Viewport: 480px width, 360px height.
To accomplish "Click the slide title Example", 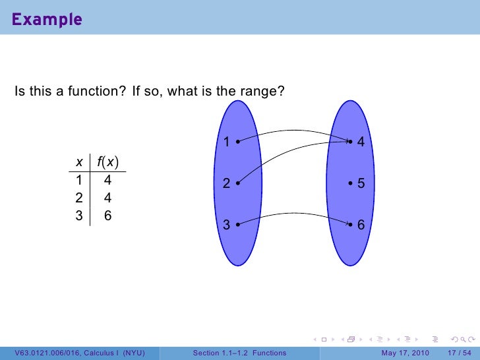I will pos(46,20).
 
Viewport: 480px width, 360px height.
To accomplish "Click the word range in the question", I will pos(263,91).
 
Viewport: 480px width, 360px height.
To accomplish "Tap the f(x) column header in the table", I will pos(107,162).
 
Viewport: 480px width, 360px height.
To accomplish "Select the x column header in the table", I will pos(79,162).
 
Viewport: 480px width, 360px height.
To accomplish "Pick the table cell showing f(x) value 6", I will pos(107,214).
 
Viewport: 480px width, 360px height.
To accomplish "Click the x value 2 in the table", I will pos(79,197).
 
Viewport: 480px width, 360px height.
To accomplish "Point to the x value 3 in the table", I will pos(79,214).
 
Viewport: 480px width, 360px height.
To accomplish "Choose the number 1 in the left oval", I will pos(225,142).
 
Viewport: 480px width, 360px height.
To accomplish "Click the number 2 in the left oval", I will pos(225,185).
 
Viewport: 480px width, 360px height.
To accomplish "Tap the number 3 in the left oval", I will pos(225,225).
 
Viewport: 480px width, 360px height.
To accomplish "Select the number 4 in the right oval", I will pos(361,142).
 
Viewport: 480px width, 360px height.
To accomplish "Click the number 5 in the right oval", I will pos(361,185).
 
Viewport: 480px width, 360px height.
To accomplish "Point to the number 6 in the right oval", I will pos(361,225).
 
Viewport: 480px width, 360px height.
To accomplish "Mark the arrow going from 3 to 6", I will pos(293,214).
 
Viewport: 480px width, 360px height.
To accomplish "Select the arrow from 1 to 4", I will pos(293,131).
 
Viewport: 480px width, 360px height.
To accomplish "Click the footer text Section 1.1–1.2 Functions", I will pos(239,353).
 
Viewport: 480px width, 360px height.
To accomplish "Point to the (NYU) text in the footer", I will pos(134,353).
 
